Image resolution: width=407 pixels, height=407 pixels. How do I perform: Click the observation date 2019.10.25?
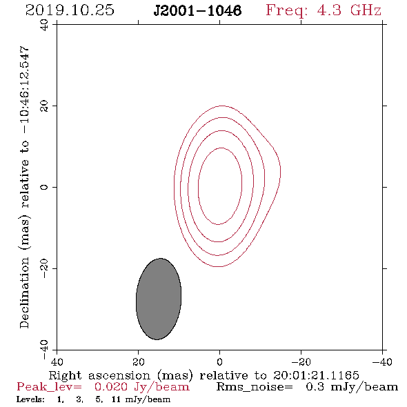click(x=70, y=10)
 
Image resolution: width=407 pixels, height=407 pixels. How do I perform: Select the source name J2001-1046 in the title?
click(x=197, y=10)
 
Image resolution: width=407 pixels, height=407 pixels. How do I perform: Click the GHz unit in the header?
click(x=366, y=10)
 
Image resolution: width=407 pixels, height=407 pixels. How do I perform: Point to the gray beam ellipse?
click(x=159, y=299)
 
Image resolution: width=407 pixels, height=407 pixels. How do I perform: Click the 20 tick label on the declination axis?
click(x=44, y=106)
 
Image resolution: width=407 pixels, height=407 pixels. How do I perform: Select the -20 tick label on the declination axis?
click(x=44, y=268)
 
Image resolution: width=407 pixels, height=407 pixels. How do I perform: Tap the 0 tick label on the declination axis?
click(x=44, y=187)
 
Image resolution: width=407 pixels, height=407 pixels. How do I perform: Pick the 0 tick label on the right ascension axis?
click(x=219, y=361)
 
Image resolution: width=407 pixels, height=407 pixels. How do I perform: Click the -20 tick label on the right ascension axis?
click(x=301, y=361)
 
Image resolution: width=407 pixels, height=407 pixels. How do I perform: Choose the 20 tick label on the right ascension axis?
click(x=139, y=361)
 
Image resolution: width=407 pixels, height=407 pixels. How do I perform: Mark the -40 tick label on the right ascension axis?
click(x=382, y=361)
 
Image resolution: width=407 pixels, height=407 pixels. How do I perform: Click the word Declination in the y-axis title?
click(x=24, y=293)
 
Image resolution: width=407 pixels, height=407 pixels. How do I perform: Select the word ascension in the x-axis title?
click(x=119, y=375)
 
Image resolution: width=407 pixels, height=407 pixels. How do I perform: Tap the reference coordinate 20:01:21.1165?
click(x=316, y=375)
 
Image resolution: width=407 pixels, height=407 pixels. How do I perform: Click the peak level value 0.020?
click(x=111, y=387)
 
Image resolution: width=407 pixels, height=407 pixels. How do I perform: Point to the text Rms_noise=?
click(x=255, y=387)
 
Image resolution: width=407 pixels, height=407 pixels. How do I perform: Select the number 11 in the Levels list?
click(x=116, y=399)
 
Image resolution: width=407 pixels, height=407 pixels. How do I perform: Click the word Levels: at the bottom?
click(x=30, y=399)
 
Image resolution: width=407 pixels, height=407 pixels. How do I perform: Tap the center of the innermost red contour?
click(x=220, y=186)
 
